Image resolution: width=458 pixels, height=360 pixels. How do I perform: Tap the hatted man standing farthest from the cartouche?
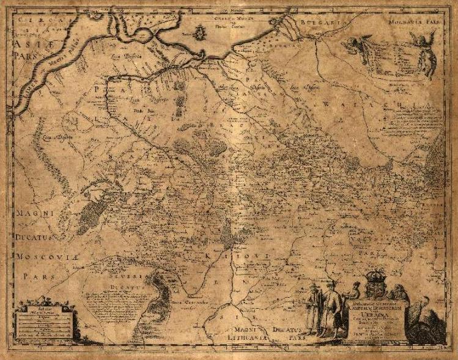click(x=312, y=309)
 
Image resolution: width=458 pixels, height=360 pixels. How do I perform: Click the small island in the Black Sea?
click(x=201, y=31)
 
